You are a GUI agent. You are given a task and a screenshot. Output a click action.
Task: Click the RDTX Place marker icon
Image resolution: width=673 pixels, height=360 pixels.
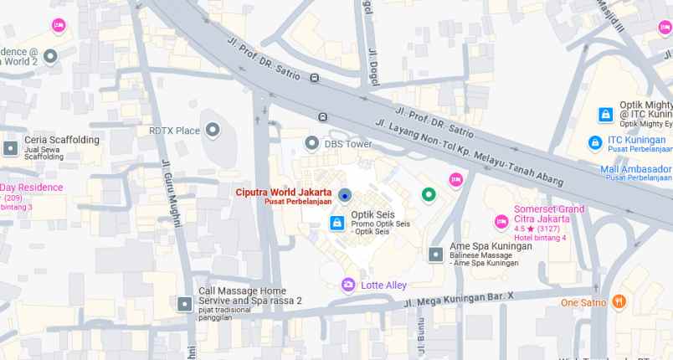(213, 130)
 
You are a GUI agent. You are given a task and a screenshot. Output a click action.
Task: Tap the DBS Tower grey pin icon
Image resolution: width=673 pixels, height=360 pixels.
(312, 143)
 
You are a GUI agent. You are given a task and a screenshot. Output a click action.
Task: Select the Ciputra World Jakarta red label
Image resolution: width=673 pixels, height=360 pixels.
(283, 192)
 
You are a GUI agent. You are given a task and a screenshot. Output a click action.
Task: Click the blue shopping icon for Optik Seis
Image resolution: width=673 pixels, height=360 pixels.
(336, 223)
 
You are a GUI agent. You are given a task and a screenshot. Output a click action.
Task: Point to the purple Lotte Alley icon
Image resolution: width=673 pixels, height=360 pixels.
(348, 285)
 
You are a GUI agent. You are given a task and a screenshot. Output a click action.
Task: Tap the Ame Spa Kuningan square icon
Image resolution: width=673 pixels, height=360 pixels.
(435, 253)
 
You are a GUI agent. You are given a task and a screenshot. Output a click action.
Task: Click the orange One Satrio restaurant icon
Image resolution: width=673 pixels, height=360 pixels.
(619, 301)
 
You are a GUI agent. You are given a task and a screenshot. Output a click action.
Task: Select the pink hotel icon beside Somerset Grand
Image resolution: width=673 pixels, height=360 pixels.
(501, 221)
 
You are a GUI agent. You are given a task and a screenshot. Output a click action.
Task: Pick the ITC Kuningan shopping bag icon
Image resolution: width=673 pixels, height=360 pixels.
(595, 142)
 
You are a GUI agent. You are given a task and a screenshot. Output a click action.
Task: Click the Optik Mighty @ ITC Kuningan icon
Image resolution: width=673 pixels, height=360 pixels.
(605, 113)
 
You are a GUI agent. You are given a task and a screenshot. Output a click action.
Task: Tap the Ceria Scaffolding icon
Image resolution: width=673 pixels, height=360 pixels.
(10, 147)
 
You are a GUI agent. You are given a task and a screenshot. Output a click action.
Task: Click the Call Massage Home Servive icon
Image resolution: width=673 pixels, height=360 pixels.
(184, 303)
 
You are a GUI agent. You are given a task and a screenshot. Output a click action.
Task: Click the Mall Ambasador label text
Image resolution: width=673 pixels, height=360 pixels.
(636, 168)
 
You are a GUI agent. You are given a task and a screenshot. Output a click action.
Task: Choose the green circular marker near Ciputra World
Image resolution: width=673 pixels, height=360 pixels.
(429, 195)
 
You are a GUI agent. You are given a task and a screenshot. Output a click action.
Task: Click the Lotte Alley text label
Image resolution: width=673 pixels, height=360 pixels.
(383, 285)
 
